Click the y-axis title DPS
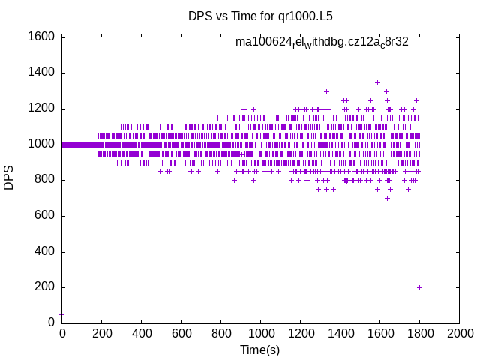coord(10,179)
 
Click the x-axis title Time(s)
coord(259,349)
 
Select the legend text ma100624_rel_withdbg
coord(322,42)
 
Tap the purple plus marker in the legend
coord(430,43)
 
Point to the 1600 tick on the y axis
coord(42,37)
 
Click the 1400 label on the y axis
coord(42,73)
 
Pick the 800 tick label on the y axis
coord(45,180)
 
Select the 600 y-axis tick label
coord(45,216)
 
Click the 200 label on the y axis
coord(45,287)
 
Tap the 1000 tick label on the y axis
coord(42,144)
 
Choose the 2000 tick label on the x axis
coord(460,334)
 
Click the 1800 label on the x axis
coord(420,334)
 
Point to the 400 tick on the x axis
coord(142,334)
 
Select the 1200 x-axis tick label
coord(301,334)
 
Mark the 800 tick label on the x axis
coord(221,334)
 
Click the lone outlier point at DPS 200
coord(419,287)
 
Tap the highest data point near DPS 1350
coord(377,82)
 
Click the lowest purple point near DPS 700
coord(387,198)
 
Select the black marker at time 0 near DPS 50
coord(62,314)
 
